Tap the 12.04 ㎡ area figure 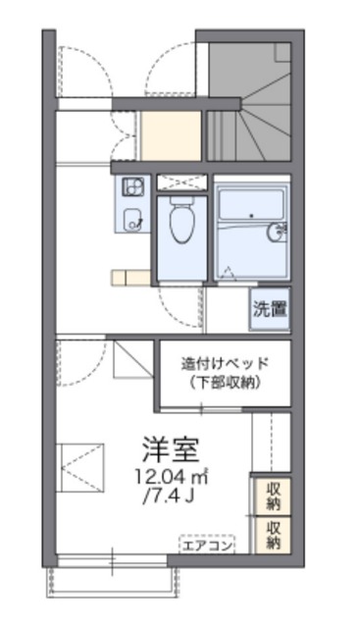(x=171, y=477)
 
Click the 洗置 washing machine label (x=270, y=309)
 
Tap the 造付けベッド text (x=225, y=362)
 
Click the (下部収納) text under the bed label (x=225, y=382)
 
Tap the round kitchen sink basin (x=131, y=219)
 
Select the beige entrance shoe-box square (x=172, y=135)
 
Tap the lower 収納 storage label (x=273, y=536)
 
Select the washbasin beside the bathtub (x=278, y=232)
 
